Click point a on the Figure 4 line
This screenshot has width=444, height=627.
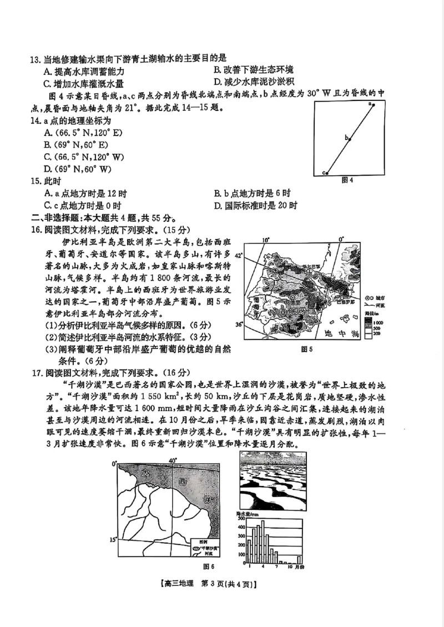pyautogui.click(x=374, y=104)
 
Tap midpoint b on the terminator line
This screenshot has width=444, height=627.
pyautogui.click(x=350, y=139)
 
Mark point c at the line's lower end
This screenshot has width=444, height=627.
pyautogui.click(x=327, y=173)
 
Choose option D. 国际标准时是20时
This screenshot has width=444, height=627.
pyautogui.click(x=255, y=206)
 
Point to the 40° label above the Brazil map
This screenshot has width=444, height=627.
pyautogui.click(x=172, y=461)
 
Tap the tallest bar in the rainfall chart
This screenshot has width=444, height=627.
pyautogui.click(x=263, y=542)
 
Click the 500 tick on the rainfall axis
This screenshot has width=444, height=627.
pyautogui.click(x=241, y=518)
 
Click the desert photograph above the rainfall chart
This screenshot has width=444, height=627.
pyautogui.click(x=273, y=481)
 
